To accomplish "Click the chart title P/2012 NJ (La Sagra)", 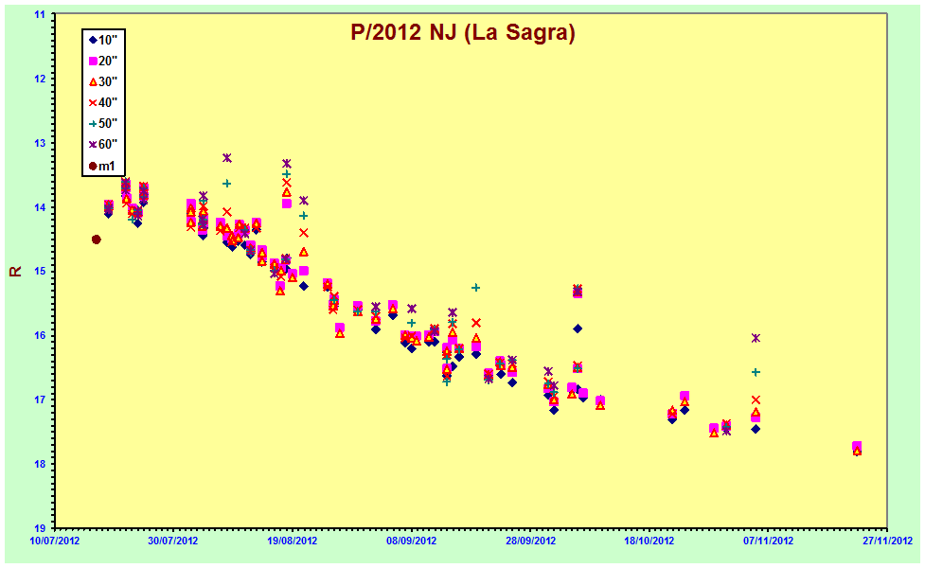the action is click(x=462, y=32).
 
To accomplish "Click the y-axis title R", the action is click(x=15, y=271).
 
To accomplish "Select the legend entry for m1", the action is click(x=101, y=166).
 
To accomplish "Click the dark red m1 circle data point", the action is click(x=97, y=240).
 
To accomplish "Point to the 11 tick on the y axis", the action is click(x=41, y=14).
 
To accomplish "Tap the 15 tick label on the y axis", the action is click(x=41, y=272).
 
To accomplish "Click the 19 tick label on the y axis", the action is click(x=41, y=528).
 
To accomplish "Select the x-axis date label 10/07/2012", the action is click(x=54, y=541).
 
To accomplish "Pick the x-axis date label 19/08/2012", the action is click(x=292, y=541).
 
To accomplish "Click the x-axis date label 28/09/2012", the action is click(x=530, y=541).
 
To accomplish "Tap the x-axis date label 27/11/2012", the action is click(x=887, y=541).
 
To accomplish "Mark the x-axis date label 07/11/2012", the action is click(x=768, y=541).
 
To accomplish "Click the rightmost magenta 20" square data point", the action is click(x=857, y=446).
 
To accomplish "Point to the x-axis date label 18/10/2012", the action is click(x=649, y=541).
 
